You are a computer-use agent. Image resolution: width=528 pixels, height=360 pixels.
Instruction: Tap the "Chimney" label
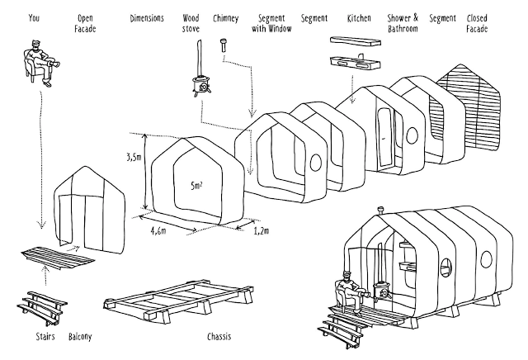point(225,17)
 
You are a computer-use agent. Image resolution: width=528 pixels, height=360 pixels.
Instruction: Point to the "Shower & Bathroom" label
point(403,22)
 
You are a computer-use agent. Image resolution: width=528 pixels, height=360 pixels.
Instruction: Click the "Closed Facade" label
point(476,22)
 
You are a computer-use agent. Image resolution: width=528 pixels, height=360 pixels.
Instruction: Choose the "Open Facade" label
point(84,22)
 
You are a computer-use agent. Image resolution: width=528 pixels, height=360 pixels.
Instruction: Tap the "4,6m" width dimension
point(160,233)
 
